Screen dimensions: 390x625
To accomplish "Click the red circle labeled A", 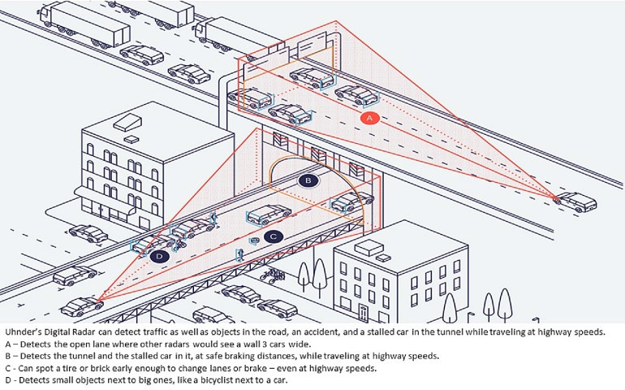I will click(369, 118).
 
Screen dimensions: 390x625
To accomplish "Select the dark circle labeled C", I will click(274, 236).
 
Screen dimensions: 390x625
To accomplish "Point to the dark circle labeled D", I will click(159, 257).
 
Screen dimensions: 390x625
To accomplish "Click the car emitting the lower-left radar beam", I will click(81, 307).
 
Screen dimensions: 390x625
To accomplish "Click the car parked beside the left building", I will click(88, 234).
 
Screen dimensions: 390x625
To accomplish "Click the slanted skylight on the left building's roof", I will click(127, 120).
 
